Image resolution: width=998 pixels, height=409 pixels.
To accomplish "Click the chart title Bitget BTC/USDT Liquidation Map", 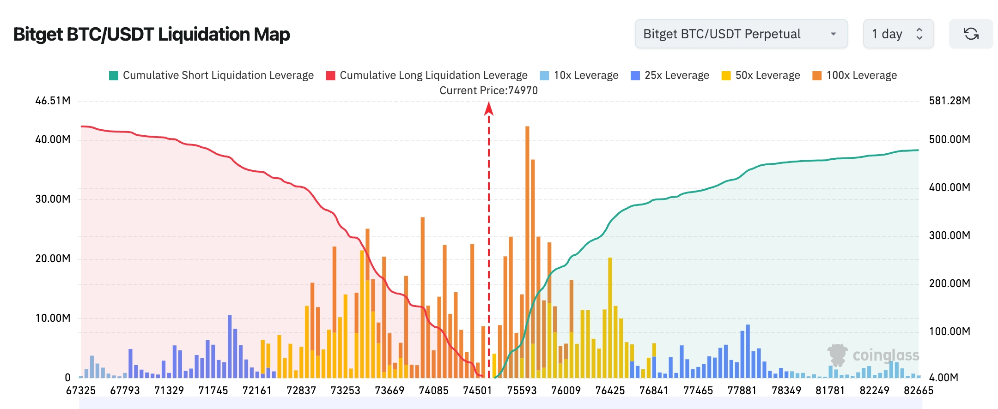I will point(152,35).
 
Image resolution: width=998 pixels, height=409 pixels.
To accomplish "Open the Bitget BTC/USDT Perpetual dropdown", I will point(741,34).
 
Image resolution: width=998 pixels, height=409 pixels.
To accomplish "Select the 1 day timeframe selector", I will point(898,34).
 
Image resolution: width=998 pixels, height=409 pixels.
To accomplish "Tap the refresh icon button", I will point(971,34).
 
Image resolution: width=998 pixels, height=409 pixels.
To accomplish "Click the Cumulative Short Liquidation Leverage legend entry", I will point(211,75).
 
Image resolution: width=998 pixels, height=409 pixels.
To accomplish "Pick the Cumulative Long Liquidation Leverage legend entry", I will point(426,75).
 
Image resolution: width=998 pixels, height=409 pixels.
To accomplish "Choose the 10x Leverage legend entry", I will point(579,75).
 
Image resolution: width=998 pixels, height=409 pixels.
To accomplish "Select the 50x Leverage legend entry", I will point(761,75).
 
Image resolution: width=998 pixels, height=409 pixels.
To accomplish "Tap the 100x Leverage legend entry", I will point(854,75).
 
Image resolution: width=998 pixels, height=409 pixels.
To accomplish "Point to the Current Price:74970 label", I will point(488,90).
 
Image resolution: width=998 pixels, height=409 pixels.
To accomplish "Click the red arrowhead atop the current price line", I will point(489,109).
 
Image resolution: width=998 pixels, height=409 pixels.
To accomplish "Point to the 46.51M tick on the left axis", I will point(53,101).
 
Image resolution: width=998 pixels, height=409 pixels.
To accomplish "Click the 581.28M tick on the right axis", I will point(949,101).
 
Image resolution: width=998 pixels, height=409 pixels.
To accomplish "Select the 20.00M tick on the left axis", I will point(53,259).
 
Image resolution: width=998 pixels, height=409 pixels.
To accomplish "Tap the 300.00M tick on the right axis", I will point(949,235).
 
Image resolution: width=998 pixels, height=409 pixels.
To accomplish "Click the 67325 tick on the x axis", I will point(81,391).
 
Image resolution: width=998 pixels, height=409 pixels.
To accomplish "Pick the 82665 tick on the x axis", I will point(919,391).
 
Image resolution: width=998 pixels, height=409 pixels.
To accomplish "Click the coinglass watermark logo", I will point(873,355).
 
